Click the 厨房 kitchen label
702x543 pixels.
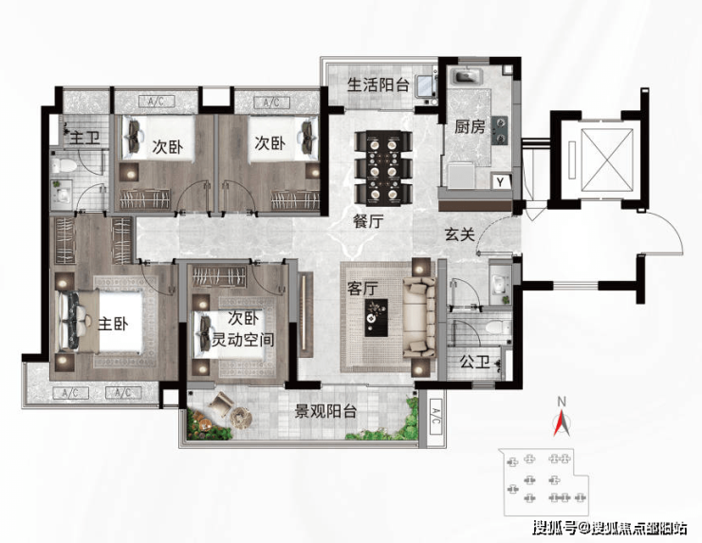tap(470, 127)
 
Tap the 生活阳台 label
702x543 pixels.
tap(378, 84)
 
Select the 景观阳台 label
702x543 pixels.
tap(324, 411)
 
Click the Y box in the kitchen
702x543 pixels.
tap(499, 180)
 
